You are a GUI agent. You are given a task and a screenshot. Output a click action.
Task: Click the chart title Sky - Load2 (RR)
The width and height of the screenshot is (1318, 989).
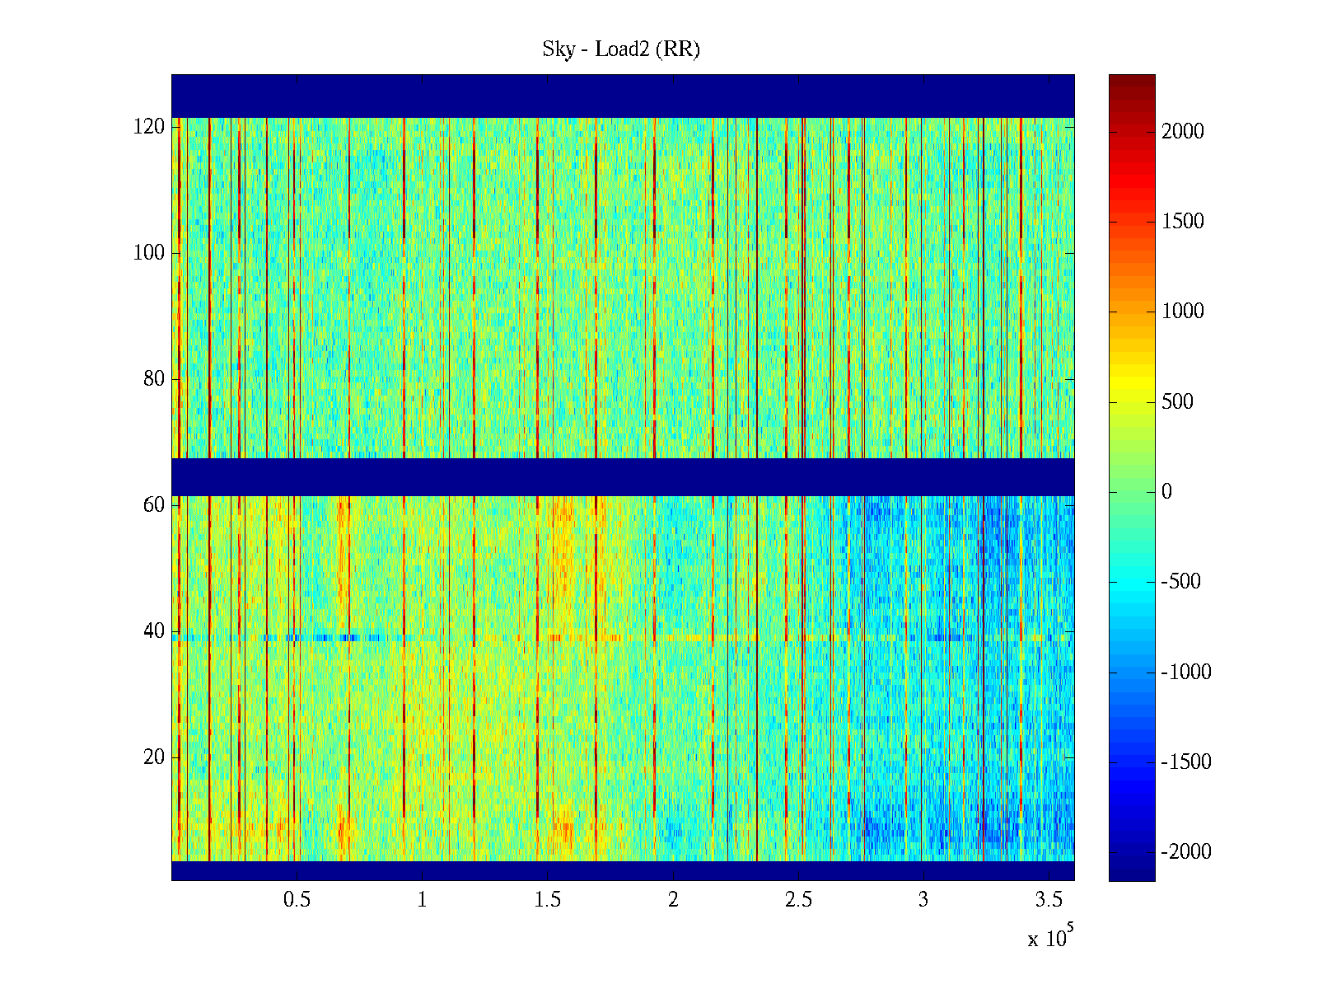[x=621, y=49]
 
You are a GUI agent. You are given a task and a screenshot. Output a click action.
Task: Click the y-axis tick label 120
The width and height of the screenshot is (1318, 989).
[x=149, y=127]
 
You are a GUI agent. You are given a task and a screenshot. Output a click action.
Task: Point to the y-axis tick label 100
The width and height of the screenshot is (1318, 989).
[x=149, y=253]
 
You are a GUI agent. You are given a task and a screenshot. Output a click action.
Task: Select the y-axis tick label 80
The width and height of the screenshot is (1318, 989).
[x=154, y=379]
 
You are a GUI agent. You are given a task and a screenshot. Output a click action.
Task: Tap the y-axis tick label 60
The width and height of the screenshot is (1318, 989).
[x=154, y=505]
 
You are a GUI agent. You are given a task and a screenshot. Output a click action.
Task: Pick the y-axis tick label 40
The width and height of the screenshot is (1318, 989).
[x=154, y=631]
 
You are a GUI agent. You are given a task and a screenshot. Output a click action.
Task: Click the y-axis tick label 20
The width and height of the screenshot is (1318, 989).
[x=154, y=757]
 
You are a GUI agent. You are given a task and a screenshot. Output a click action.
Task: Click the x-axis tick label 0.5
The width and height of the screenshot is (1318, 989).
[x=297, y=900]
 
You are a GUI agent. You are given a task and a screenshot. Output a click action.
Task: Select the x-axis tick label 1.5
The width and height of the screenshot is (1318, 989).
[x=547, y=900]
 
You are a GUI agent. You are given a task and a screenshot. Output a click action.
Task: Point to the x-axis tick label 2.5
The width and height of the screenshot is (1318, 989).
[x=798, y=900]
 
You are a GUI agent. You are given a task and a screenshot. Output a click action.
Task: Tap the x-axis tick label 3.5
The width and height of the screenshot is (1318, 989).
[x=1049, y=900]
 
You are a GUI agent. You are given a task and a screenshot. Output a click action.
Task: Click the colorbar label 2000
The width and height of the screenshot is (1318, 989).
[x=1183, y=132]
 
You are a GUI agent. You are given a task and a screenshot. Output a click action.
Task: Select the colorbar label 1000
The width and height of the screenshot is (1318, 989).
[x=1183, y=312]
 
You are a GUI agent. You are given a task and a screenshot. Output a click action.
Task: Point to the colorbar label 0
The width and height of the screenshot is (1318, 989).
[x=1166, y=492]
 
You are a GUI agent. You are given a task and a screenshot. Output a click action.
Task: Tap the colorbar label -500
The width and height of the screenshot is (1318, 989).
[x=1181, y=582]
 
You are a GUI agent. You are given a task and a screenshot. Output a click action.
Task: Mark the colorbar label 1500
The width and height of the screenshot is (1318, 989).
[x=1183, y=222]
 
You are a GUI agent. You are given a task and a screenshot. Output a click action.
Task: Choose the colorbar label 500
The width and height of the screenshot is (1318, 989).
[x=1178, y=402]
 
